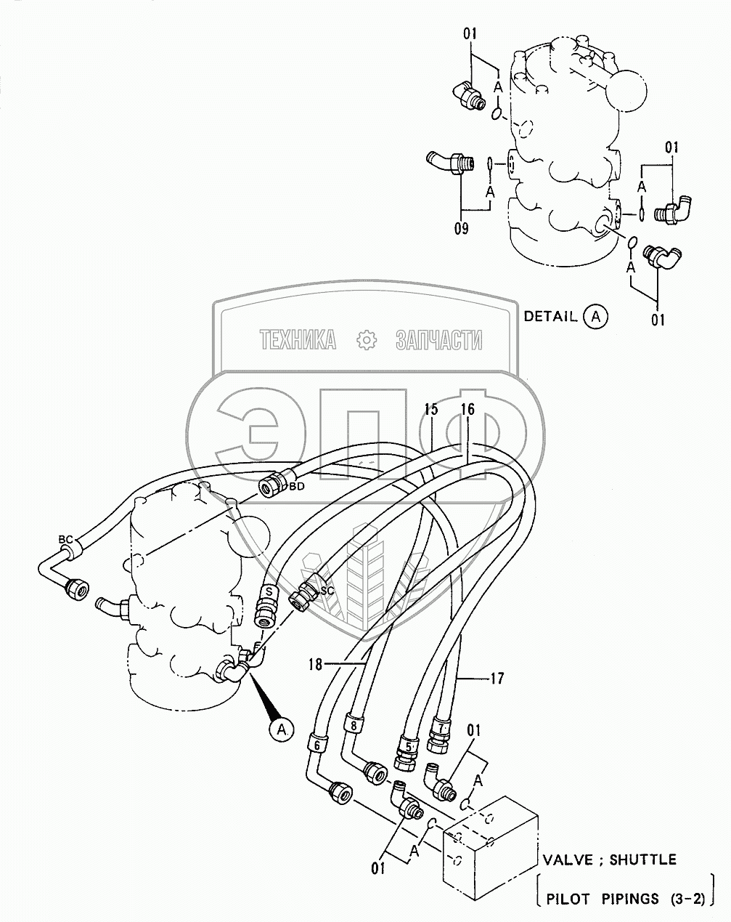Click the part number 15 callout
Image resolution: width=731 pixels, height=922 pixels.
pyautogui.click(x=431, y=410)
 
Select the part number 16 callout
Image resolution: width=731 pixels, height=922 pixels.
pyautogui.click(x=467, y=410)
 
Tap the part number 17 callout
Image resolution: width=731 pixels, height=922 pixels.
pyautogui.click(x=497, y=679)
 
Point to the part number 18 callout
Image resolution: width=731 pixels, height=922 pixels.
pyautogui.click(x=314, y=664)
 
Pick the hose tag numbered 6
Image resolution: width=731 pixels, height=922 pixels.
pyautogui.click(x=317, y=743)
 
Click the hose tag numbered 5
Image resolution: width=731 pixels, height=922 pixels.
pyautogui.click(x=408, y=745)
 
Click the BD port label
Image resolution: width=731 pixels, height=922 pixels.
pyautogui.click(x=296, y=486)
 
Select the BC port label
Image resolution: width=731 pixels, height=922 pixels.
pyautogui.click(x=65, y=539)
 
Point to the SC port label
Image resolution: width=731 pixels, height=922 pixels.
pyautogui.click(x=327, y=591)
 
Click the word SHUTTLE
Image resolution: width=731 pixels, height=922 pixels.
pyautogui.click(x=642, y=860)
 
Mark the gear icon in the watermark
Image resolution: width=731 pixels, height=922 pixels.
pyautogui.click(x=366, y=339)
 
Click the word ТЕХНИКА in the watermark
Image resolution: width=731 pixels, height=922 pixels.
pyautogui.click(x=298, y=339)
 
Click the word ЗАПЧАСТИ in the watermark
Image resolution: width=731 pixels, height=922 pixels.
pyautogui.click(x=438, y=339)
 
